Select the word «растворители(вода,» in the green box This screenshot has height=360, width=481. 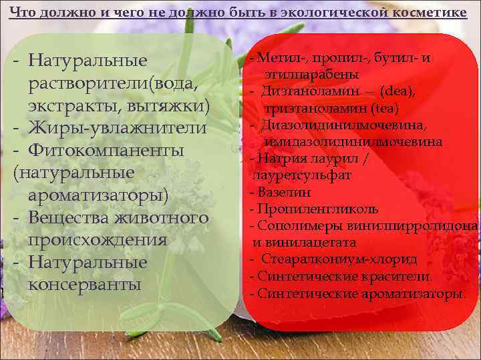tap(114, 84)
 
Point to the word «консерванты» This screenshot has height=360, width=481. tap(86, 285)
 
